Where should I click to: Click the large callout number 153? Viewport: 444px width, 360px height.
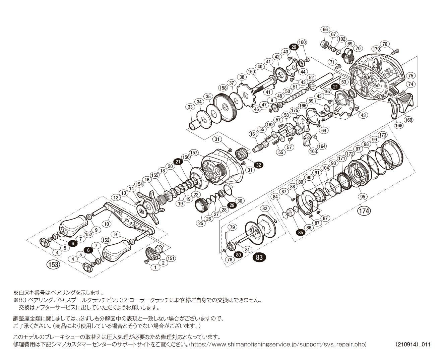tap(53, 264)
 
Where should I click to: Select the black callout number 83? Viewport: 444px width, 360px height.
tap(259, 257)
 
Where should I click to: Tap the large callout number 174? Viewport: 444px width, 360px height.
tap(364, 211)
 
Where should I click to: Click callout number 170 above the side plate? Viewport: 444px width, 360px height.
tap(376, 49)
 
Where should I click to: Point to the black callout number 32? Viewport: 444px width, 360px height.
tap(258, 165)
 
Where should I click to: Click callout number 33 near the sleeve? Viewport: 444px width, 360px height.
tap(190, 107)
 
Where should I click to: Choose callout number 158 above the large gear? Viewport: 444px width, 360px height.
tap(223, 88)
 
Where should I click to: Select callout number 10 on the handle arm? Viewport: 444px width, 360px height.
tap(107, 224)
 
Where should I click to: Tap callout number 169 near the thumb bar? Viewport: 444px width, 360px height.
tap(408, 120)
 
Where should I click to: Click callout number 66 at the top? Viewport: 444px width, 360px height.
tap(325, 29)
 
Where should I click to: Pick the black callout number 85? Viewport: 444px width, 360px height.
tap(300, 232)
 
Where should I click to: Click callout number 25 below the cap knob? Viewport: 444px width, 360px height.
tap(200, 223)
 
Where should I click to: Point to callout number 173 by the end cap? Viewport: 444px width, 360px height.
tap(383, 135)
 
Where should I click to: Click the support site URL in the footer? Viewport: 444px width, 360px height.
tap(278, 344)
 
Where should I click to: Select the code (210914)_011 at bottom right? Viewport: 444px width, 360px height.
tap(413, 344)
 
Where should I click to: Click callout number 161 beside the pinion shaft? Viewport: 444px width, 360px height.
tap(254, 134)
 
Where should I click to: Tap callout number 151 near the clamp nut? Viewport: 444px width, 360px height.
tap(171, 258)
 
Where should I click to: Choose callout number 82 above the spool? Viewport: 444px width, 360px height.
tap(265, 208)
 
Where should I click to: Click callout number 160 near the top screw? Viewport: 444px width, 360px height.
tap(302, 42)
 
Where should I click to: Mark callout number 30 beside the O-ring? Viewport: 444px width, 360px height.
tap(240, 201)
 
